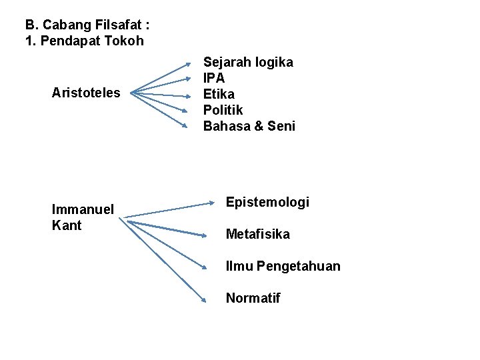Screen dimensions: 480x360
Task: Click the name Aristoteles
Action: (86, 93)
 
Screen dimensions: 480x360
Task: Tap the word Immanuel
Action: (83, 209)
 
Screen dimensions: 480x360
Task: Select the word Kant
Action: (67, 225)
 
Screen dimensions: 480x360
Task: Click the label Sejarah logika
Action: (248, 62)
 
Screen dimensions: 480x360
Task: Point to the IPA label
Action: (214, 78)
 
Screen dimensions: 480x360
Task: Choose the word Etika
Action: (219, 94)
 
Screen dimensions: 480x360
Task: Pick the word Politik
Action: (223, 110)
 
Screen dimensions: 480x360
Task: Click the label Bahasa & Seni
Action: (249, 126)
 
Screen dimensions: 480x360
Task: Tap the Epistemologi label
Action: (267, 202)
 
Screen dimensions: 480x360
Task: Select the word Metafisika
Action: (258, 234)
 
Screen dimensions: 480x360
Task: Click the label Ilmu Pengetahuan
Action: (283, 266)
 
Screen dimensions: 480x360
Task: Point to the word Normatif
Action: (253, 298)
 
